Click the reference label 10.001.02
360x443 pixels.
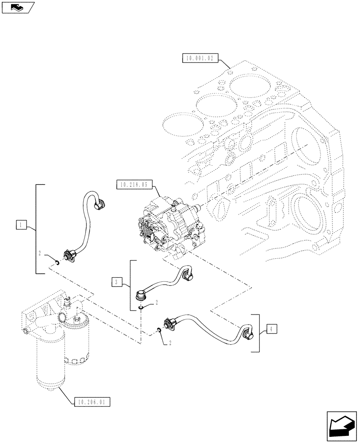point(200,58)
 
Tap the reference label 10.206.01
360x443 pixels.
point(93,402)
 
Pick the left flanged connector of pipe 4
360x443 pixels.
point(171,324)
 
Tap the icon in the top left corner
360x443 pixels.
point(18,7)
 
